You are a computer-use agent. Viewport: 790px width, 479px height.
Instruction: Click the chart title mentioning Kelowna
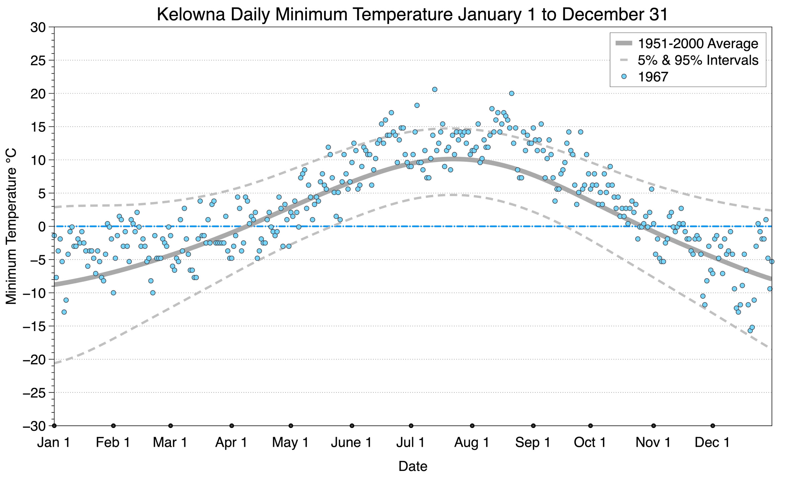pos(412,14)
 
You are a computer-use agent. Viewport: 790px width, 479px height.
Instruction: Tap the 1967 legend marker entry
pos(653,77)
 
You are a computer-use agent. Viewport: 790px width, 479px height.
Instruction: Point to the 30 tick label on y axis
pos(38,27)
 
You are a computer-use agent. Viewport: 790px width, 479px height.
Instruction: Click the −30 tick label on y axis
pos(34,426)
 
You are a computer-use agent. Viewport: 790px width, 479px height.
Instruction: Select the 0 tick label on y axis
pos(42,227)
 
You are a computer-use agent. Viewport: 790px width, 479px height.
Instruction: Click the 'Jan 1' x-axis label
pos(54,443)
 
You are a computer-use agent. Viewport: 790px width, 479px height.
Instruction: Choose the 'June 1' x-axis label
pos(351,443)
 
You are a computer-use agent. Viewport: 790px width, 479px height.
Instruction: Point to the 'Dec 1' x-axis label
pos(712,443)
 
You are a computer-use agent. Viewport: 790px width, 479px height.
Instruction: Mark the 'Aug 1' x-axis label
pos(471,443)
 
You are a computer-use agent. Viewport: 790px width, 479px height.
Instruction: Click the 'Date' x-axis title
pos(412,466)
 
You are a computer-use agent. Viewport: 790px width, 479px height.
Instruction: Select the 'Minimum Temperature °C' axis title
pos(11,226)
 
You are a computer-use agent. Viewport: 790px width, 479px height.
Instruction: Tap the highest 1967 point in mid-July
pos(434,89)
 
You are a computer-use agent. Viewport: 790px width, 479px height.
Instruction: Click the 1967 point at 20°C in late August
pos(511,93)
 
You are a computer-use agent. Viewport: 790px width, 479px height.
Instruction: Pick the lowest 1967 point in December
pos(750,330)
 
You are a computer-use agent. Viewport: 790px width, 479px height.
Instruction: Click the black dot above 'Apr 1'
pos(232,426)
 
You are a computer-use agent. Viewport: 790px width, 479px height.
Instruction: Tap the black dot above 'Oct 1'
pos(590,426)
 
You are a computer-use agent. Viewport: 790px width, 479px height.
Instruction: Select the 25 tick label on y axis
pos(38,61)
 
